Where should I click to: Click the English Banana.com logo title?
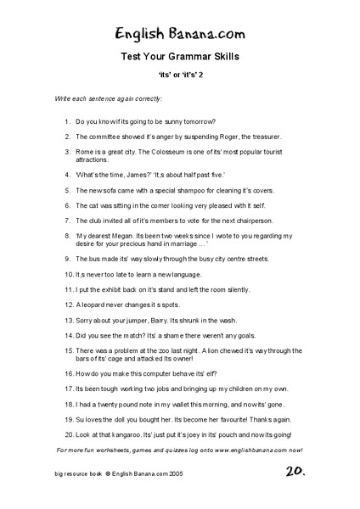(x=181, y=33)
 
